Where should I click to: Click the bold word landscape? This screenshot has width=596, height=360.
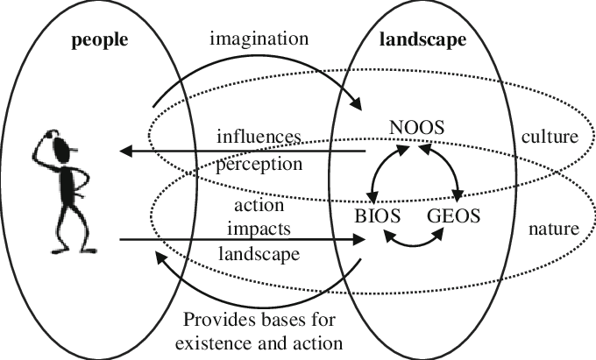(x=423, y=40)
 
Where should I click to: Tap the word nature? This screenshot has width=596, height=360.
(x=551, y=230)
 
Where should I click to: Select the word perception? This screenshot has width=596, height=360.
(x=259, y=163)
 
